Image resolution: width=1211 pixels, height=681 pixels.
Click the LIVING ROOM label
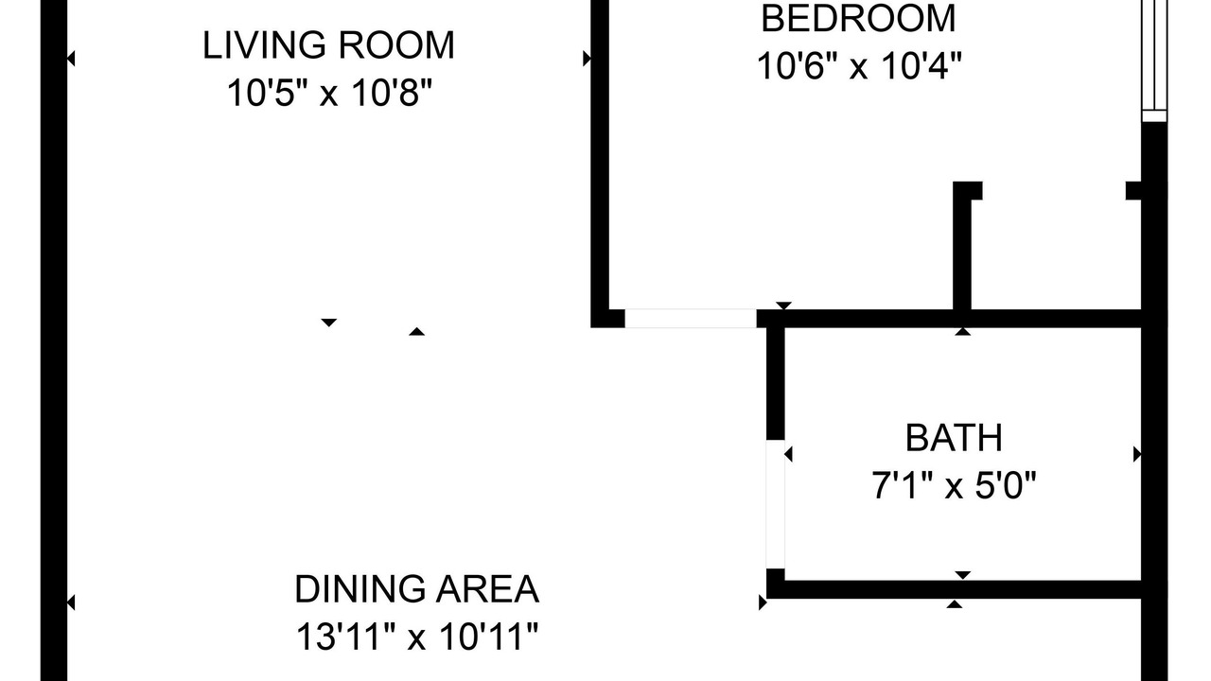click(x=328, y=45)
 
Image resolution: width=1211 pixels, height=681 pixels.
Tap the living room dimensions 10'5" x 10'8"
click(x=329, y=93)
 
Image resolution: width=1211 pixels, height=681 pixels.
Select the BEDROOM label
click(x=858, y=19)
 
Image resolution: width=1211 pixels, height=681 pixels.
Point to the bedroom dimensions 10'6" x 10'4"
click(x=859, y=66)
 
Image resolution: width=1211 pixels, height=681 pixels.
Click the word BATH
click(x=955, y=438)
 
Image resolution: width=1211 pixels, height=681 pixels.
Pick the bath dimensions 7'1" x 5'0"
click(x=955, y=485)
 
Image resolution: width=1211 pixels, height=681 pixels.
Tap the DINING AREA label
click(x=417, y=589)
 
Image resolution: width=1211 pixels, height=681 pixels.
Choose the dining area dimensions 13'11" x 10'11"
click(x=417, y=637)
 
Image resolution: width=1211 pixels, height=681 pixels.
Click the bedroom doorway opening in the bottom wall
click(x=691, y=319)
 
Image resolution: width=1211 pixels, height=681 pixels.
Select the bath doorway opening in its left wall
click(x=776, y=504)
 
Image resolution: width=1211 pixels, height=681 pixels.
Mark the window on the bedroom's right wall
click(x=1154, y=61)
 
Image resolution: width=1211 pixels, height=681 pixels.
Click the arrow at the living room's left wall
click(x=71, y=59)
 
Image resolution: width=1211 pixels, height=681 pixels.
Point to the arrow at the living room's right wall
click(x=587, y=59)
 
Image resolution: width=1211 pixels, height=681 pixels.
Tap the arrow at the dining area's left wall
click(x=71, y=602)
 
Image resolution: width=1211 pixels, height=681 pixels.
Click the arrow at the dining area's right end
click(x=763, y=602)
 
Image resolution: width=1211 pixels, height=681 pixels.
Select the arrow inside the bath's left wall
click(x=788, y=455)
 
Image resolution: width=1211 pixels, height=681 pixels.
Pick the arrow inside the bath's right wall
click(x=1137, y=455)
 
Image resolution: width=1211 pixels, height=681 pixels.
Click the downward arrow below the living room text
click(x=328, y=323)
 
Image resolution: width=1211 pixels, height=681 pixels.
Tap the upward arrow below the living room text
click(x=416, y=331)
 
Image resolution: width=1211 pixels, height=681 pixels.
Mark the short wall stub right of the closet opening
click(x=1133, y=191)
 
